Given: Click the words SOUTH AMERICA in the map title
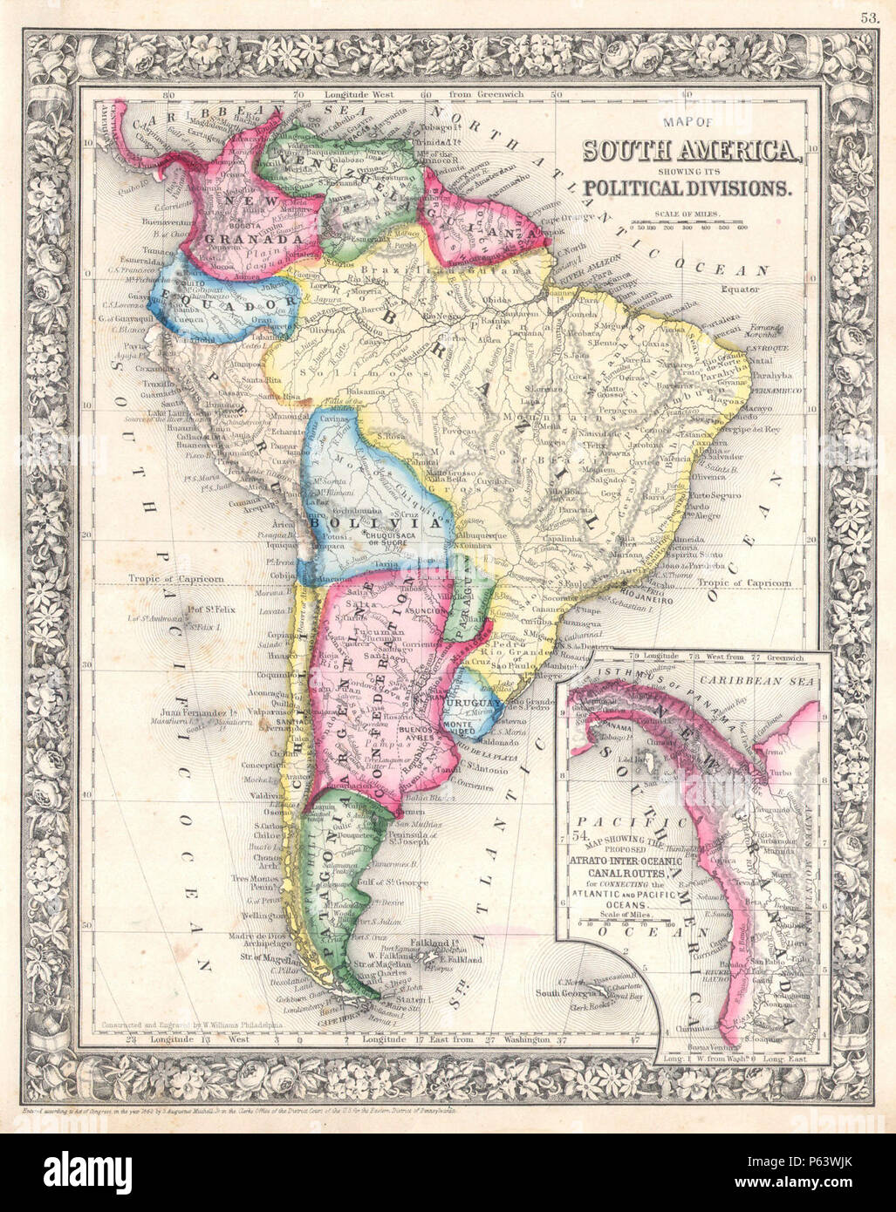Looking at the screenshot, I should coord(691,151).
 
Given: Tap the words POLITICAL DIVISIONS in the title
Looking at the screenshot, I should coord(688,187).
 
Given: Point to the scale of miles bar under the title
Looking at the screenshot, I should coord(697,222).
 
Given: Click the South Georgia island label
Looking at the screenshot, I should coord(569,993).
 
